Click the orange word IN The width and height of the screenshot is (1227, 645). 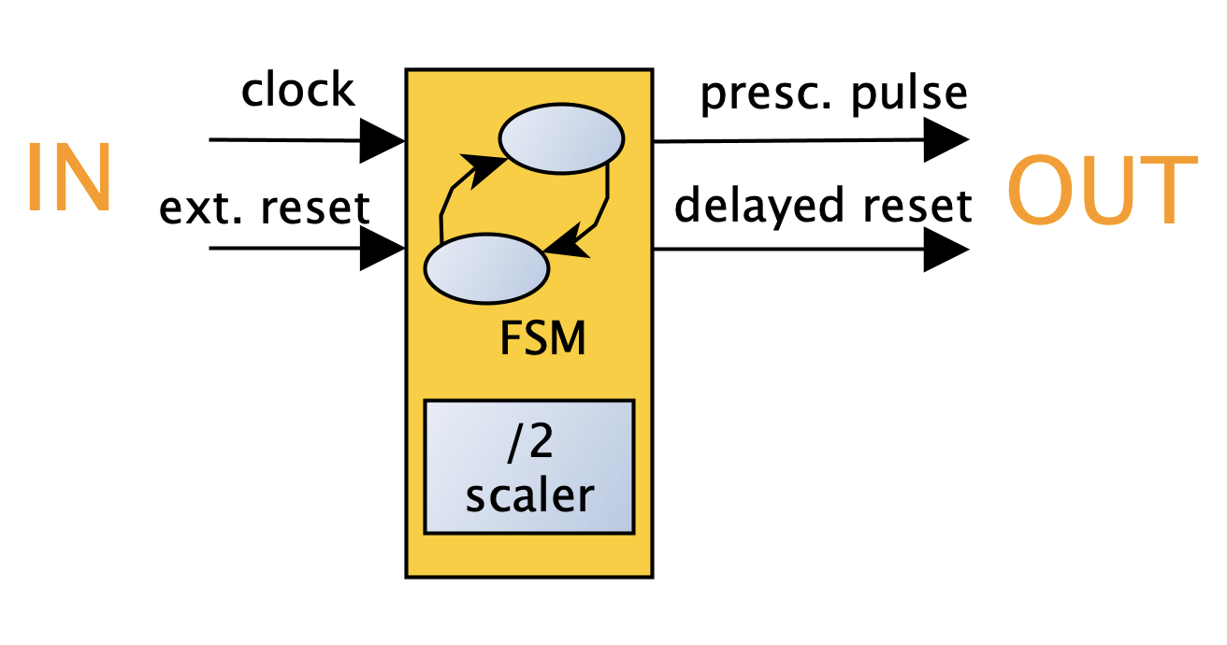pos(68,178)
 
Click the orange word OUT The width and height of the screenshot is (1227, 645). pos(1102,191)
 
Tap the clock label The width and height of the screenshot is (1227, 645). pos(298,91)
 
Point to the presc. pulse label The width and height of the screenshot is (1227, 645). pos(834,93)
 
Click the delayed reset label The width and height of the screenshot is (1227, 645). pos(823,205)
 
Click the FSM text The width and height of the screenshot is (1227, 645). pos(543,338)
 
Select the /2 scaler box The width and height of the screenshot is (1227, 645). pos(529,467)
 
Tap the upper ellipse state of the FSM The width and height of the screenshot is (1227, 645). pos(561,139)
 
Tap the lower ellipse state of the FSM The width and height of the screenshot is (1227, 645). pos(486,269)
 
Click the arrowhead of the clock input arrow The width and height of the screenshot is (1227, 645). pos(383,141)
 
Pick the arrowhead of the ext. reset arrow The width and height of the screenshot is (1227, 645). pos(383,250)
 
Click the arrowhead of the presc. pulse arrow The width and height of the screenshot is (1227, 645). pos(946,141)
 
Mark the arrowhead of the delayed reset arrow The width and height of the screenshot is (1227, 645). pos(946,251)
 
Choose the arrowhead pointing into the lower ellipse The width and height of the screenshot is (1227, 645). pos(564,245)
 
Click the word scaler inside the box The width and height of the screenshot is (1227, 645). pos(529,494)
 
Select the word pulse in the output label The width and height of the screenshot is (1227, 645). pos(913,93)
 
